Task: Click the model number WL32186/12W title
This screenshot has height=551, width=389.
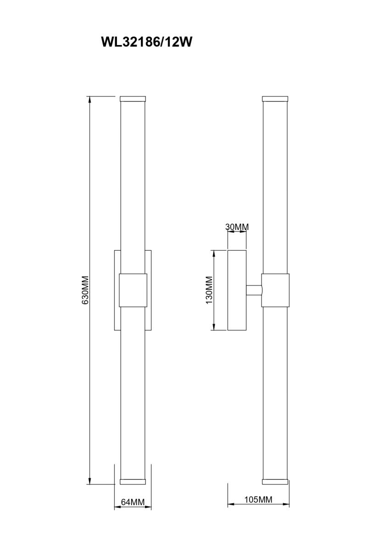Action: click(x=146, y=42)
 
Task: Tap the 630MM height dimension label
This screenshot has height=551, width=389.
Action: click(x=85, y=290)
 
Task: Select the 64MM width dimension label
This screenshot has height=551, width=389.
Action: click(x=133, y=502)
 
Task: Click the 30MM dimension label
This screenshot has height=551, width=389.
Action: click(x=237, y=227)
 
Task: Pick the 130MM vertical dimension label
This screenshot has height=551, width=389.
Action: click(x=209, y=290)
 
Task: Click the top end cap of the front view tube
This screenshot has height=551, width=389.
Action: click(x=133, y=99)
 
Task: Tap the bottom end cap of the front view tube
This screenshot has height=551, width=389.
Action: click(x=133, y=482)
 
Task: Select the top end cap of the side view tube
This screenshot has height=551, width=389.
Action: click(x=275, y=99)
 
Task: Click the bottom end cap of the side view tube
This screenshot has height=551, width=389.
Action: click(x=275, y=482)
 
